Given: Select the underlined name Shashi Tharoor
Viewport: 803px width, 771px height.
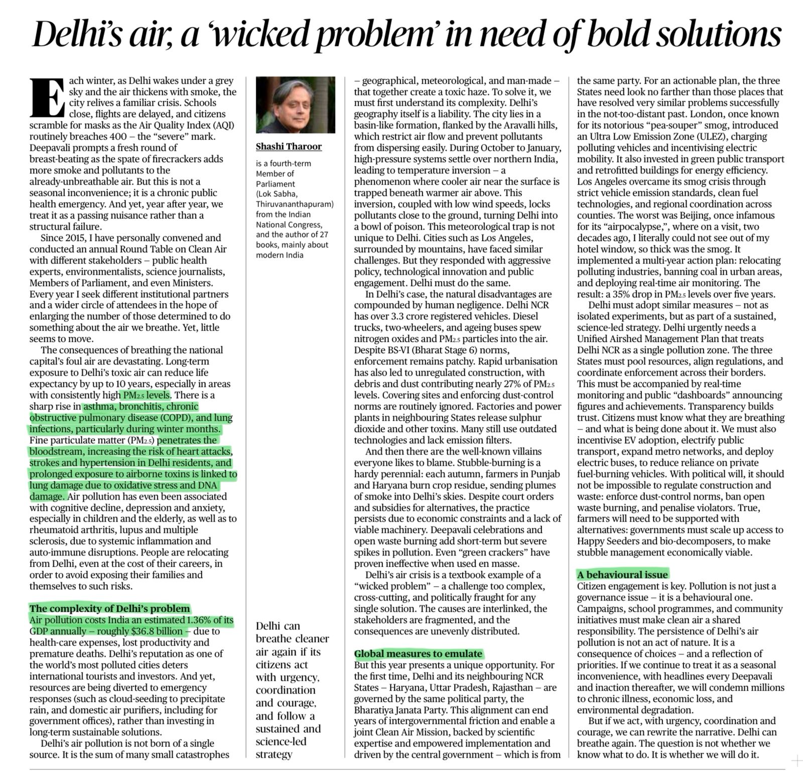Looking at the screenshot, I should click(289, 147).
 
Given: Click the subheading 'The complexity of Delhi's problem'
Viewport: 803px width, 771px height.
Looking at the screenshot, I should click(110, 609).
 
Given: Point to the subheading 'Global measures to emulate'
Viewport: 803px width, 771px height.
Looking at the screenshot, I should click(418, 654).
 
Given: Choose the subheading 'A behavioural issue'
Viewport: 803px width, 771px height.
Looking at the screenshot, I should click(622, 575).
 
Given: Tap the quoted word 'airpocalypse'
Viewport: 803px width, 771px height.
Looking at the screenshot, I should click(636, 226).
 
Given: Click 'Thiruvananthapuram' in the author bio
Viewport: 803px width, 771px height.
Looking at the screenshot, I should click(295, 204).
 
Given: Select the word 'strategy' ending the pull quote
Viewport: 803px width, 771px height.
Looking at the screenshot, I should click(274, 754).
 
